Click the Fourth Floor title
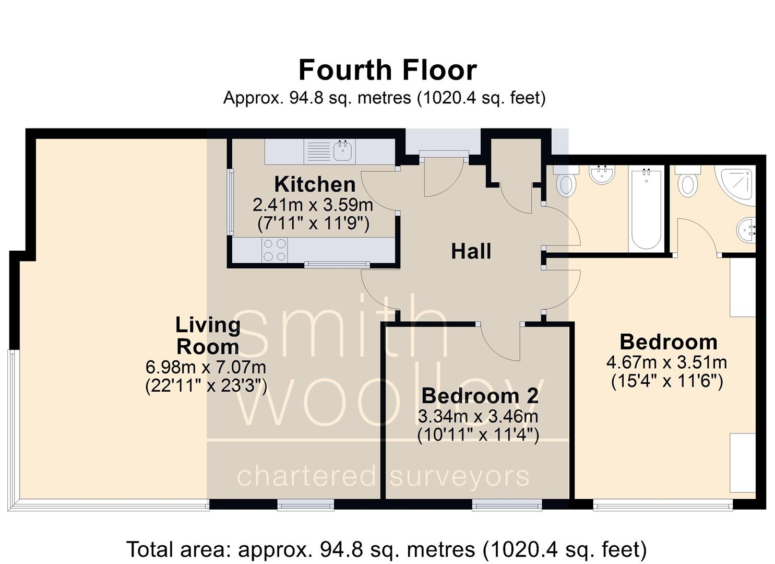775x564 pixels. pyautogui.click(x=387, y=70)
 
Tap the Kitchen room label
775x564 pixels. pyautogui.click(x=315, y=184)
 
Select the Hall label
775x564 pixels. pyautogui.click(x=471, y=251)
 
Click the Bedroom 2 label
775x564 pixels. pyautogui.click(x=479, y=396)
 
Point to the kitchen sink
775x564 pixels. pyautogui.click(x=343, y=151)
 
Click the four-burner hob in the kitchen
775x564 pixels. pyautogui.click(x=275, y=250)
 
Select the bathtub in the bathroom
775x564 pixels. pyautogui.click(x=646, y=209)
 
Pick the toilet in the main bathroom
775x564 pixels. pyautogui.click(x=566, y=183)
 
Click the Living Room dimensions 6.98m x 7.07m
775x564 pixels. pyautogui.click(x=206, y=367)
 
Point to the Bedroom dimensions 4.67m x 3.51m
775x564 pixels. pyautogui.click(x=666, y=362)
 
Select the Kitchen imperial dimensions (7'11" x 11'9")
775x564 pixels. pyautogui.click(x=313, y=224)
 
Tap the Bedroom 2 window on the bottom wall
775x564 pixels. pyautogui.click(x=507, y=504)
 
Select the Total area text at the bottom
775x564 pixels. pyautogui.click(x=386, y=549)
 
